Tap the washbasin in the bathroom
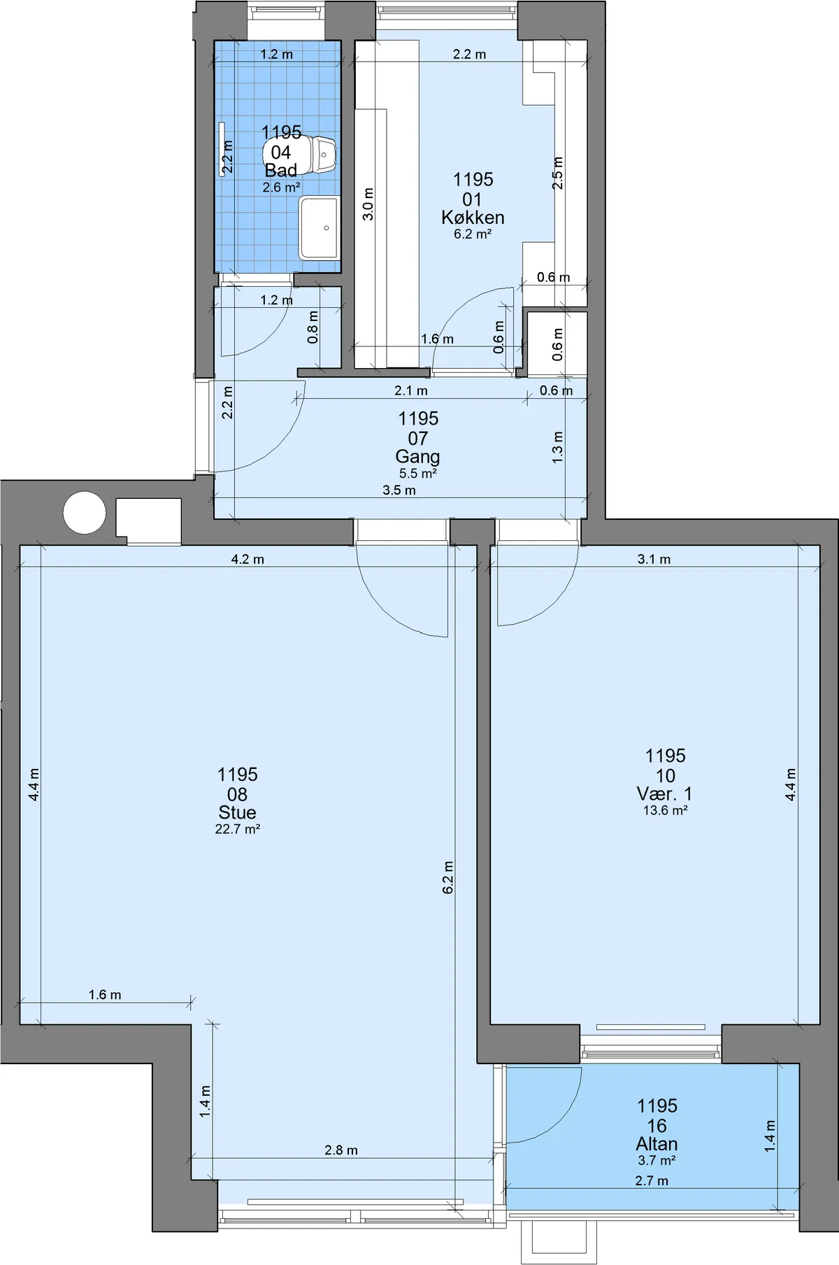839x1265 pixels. pos(320,228)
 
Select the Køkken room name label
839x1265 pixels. pos(473,218)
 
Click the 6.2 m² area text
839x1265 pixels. pos(473,234)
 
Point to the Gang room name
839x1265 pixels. pos(417,457)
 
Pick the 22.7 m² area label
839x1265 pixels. pos(238,830)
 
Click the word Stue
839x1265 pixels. pos(237,813)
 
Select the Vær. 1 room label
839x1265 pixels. pos(664,794)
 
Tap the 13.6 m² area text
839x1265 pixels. pos(665,811)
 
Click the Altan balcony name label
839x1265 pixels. pos(657,1144)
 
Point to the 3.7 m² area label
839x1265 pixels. pos(657,1161)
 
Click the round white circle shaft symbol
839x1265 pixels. pos(85,513)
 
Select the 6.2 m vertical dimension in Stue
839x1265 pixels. pos(448,877)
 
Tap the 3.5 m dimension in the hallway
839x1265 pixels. pos(399,490)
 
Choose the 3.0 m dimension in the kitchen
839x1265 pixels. pos(368,204)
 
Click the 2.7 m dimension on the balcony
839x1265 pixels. pos(652,1181)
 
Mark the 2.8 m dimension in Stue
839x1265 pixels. pos(341,1150)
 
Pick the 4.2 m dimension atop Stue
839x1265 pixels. pos(248,559)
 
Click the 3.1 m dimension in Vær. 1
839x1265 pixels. pos(654,559)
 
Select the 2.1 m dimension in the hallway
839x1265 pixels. pos(411,390)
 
